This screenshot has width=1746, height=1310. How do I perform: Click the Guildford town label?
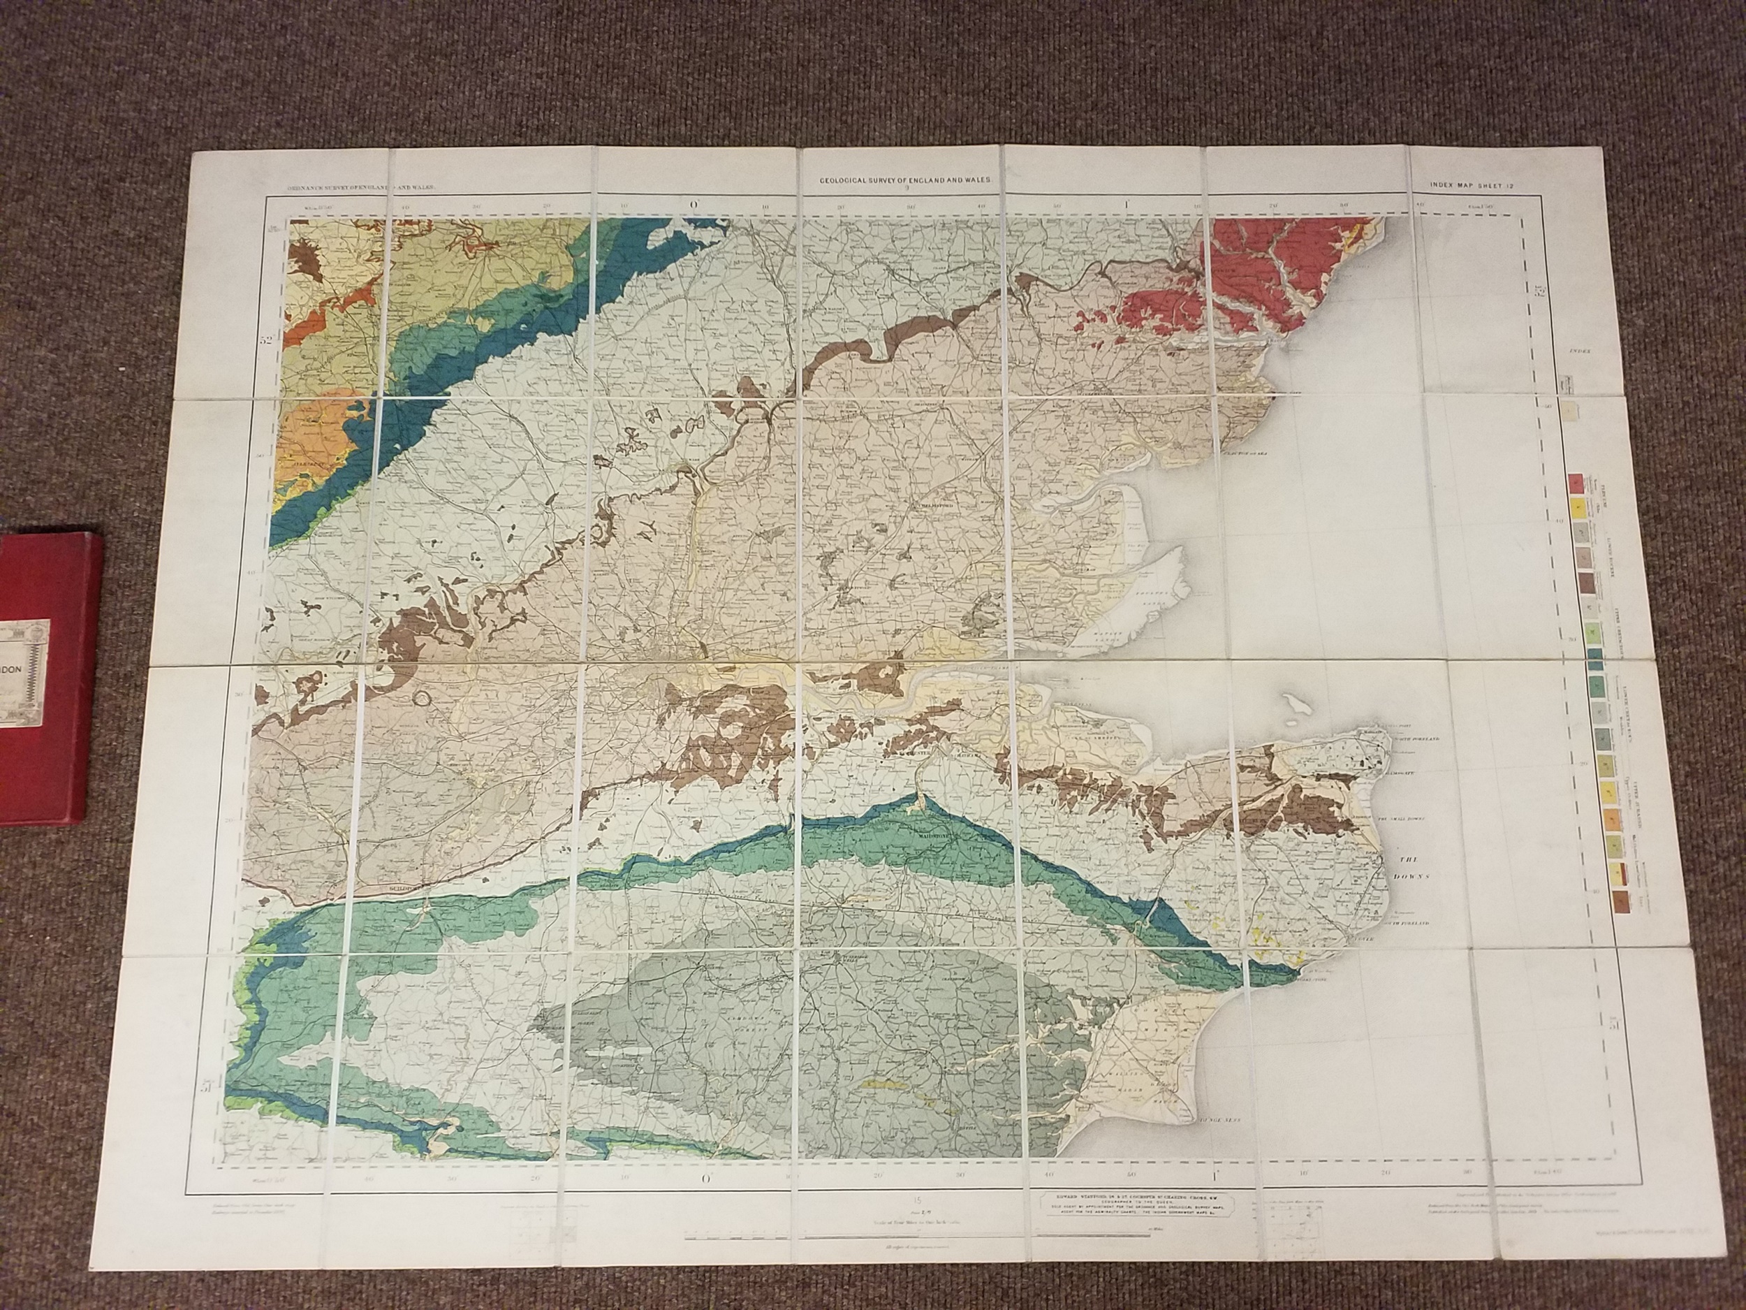tap(410, 887)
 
